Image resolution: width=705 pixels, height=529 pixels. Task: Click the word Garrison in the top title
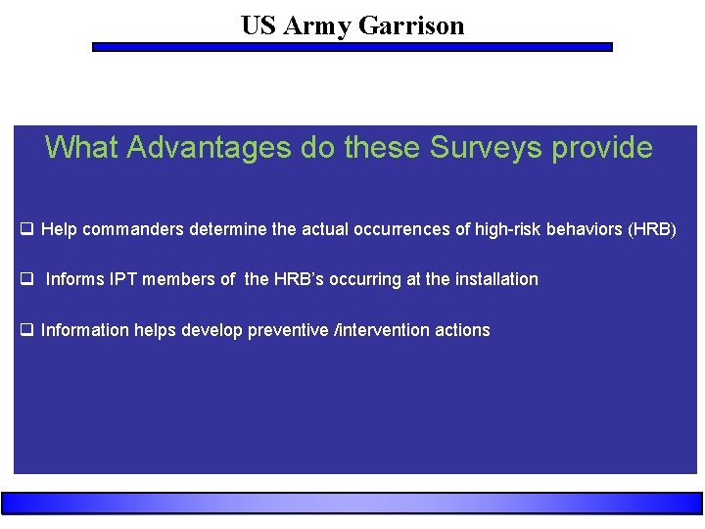[x=411, y=25]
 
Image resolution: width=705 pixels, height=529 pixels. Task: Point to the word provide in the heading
[x=602, y=147]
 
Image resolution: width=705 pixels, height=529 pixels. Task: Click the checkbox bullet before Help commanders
[x=28, y=229]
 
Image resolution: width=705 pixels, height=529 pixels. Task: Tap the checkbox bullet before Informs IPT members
[x=28, y=279]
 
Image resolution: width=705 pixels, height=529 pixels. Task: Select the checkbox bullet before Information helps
[x=28, y=330]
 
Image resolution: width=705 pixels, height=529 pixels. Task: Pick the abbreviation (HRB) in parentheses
[x=652, y=229]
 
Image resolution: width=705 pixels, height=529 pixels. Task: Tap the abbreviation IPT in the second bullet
[x=124, y=279]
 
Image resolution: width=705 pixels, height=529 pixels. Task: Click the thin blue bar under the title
[x=352, y=46]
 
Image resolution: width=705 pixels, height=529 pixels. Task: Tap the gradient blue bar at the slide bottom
[x=352, y=503]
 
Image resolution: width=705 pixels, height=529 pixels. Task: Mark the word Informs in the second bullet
[x=75, y=279]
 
